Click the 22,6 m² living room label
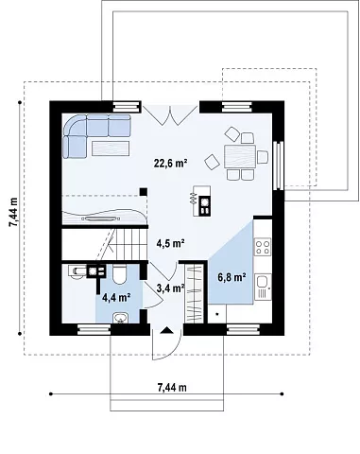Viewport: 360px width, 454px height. [x=171, y=163]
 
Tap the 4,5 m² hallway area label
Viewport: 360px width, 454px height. [x=170, y=243]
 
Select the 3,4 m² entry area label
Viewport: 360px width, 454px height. [x=170, y=288]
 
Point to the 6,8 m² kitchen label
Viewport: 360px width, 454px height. [x=231, y=277]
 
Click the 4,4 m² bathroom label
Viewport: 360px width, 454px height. [x=116, y=297]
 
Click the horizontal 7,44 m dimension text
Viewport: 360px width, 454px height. [x=172, y=388]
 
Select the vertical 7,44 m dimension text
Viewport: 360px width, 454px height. [x=14, y=212]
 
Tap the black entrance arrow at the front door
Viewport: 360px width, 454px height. [x=166, y=330]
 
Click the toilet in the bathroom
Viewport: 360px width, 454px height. [x=120, y=274]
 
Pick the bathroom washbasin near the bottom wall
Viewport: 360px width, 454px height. [x=120, y=318]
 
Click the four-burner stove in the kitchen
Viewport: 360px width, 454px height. [x=263, y=247]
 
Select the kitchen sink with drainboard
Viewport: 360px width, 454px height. [x=263, y=287]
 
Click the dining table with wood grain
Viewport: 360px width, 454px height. [x=240, y=156]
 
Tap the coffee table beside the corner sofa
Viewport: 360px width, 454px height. [x=111, y=148]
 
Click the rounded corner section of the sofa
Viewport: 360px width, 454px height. [x=75, y=125]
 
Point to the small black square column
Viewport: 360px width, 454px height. [x=144, y=192]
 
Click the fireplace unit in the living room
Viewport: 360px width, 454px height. [x=201, y=201]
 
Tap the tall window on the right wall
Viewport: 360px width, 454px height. [x=278, y=166]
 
